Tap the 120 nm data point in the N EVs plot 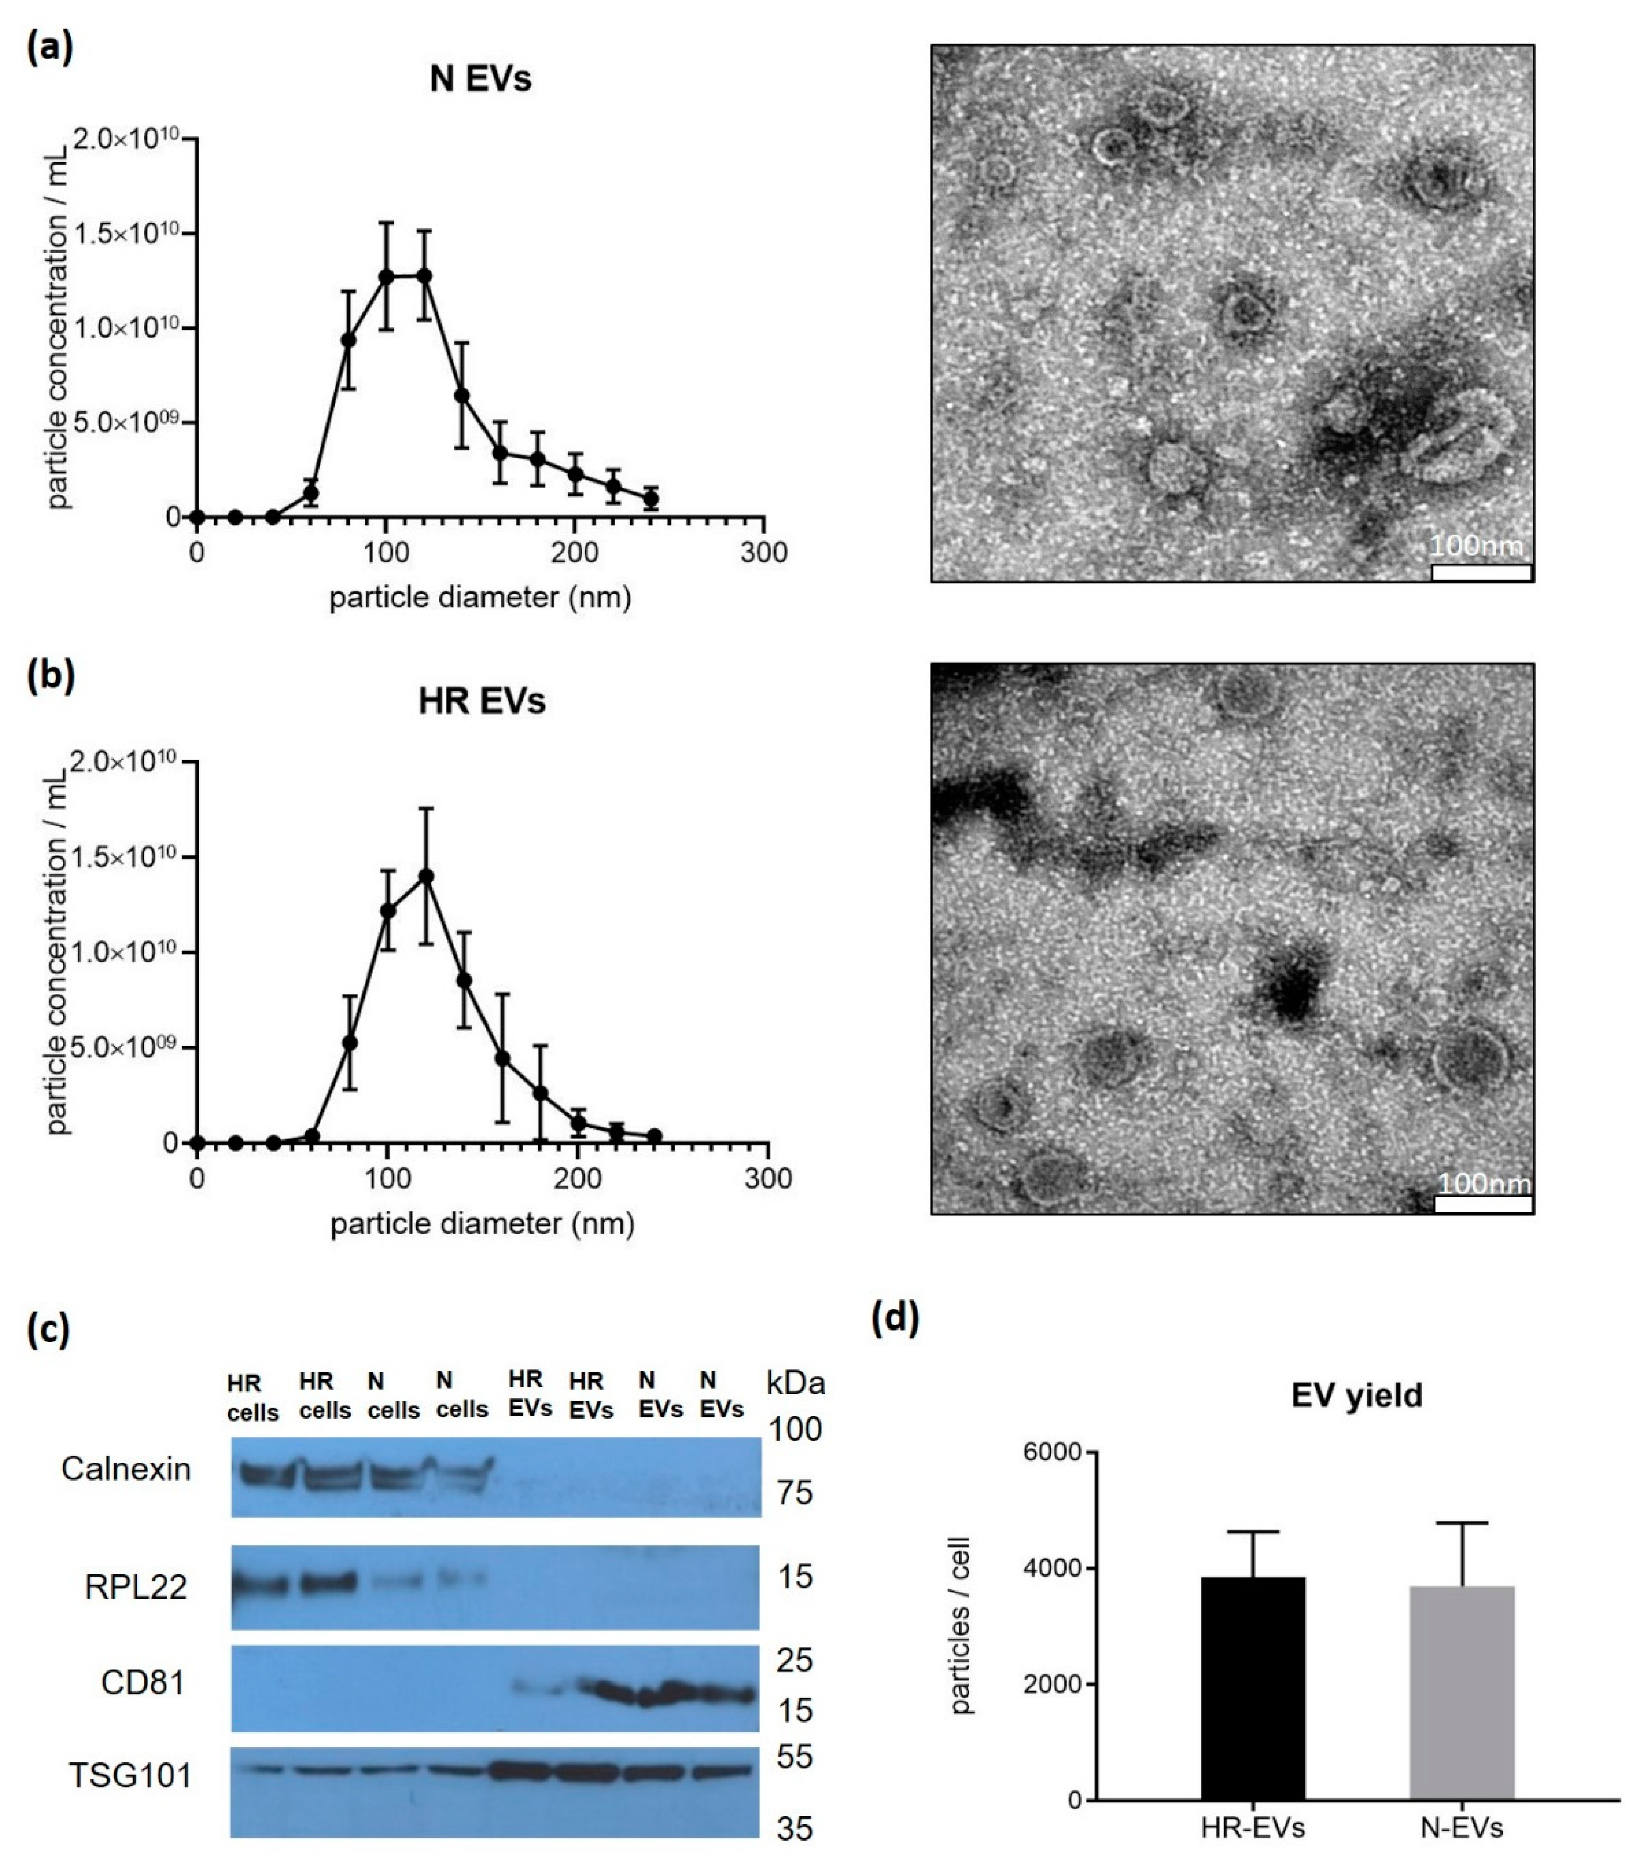click(424, 275)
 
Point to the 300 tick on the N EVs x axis click(763, 553)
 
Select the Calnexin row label click(127, 1469)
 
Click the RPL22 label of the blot click(137, 1587)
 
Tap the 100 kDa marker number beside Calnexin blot click(795, 1430)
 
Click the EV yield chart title click(1357, 1396)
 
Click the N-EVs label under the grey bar click(1462, 1827)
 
